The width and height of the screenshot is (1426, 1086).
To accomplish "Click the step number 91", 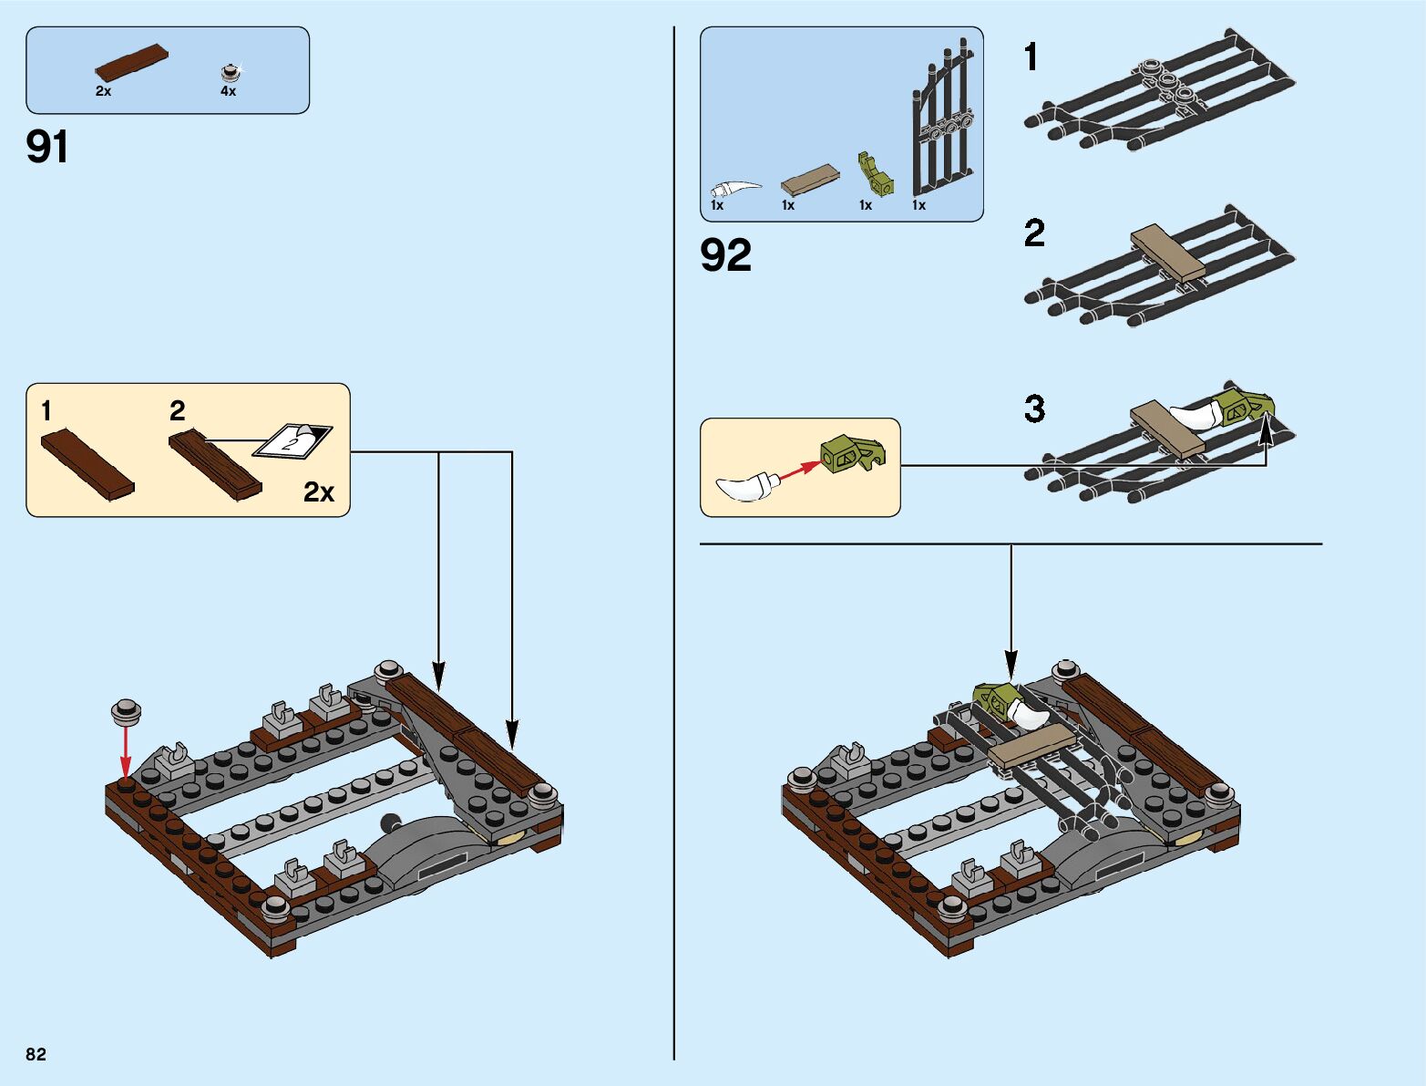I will pos(47,147).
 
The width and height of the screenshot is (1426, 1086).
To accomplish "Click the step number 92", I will pos(726,255).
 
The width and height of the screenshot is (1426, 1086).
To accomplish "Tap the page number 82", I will pos(36,1054).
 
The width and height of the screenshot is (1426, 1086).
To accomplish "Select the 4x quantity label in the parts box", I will pos(228,91).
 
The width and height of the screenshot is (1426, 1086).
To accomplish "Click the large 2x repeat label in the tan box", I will pos(319,492).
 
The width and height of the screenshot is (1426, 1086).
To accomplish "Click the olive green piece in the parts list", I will pos(875,175).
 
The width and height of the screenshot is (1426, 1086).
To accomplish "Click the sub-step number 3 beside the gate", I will pos(1034,409).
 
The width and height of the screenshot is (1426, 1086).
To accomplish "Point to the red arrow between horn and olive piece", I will pos(799,470).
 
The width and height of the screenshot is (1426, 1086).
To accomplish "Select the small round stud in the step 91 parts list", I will pos(230,71).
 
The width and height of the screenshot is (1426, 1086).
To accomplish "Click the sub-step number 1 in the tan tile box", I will pos(46,411).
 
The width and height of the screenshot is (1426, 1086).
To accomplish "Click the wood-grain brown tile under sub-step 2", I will pos(215,463).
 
